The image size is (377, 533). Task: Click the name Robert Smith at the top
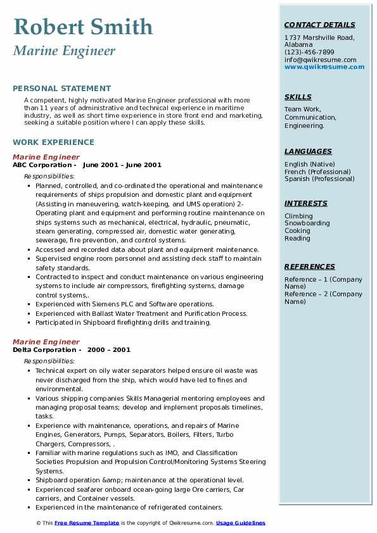(83, 27)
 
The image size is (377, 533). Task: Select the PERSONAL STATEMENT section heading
(61, 89)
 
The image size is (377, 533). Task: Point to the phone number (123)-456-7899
(309, 53)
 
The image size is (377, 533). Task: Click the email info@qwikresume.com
(320, 60)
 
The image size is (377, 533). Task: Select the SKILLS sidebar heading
(298, 97)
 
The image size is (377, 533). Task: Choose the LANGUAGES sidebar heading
(308, 152)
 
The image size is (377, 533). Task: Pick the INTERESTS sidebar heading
(306, 204)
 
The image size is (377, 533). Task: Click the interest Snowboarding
(307, 223)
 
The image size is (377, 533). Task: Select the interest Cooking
(297, 231)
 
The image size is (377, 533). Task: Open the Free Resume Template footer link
(87, 523)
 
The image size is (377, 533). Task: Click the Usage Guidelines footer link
(240, 523)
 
